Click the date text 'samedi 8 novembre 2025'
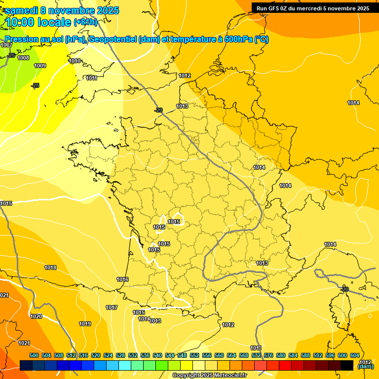pyautogui.click(x=62, y=10)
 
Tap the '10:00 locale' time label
pyautogui.click(x=38, y=22)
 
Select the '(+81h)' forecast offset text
pyautogui.click(x=85, y=22)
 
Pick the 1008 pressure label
pyautogui.click(x=23, y=58)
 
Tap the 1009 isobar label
pyautogui.click(x=40, y=66)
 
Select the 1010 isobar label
pyautogui.click(x=75, y=61)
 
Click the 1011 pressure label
pyautogui.click(x=91, y=78)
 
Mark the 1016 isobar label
pyautogui.click(x=122, y=279)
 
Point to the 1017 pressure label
pyautogui.click(x=112, y=307)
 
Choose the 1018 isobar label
pyautogui.click(x=50, y=267)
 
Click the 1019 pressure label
pyautogui.click(x=85, y=324)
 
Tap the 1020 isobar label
pyautogui.click(x=36, y=316)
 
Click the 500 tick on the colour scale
pyautogui.click(x=34, y=355)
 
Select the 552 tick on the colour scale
pyautogui.click(x=194, y=355)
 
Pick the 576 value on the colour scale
pyautogui.click(x=268, y=355)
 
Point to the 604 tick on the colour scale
pyautogui.click(x=355, y=355)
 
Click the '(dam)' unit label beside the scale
pyautogui.click(x=366, y=366)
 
